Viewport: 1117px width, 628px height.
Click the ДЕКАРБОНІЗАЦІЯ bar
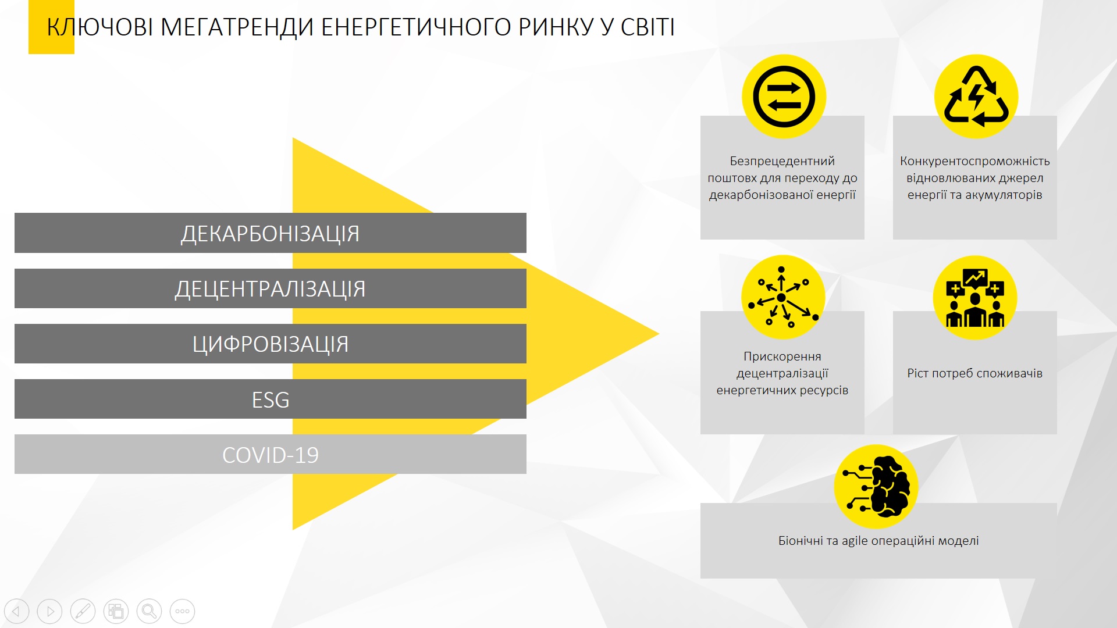coord(271,233)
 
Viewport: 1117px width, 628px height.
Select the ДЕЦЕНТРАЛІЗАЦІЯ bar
coord(271,288)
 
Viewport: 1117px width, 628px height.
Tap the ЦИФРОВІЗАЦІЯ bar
coord(271,344)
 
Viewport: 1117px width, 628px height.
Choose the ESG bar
coord(271,399)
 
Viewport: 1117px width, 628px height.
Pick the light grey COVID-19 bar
coord(271,455)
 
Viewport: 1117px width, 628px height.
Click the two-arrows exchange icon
coord(784,97)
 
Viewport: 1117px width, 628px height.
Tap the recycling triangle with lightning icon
coord(976,97)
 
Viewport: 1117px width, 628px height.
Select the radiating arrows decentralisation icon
coord(783,297)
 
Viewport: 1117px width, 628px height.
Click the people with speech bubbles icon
coord(975,298)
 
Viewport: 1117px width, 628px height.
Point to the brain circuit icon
coord(876,487)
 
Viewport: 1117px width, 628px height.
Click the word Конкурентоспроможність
coord(975,161)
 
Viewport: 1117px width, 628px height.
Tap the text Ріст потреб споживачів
coord(975,373)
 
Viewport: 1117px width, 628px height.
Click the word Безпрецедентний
coord(782,161)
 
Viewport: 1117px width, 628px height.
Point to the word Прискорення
coord(782,356)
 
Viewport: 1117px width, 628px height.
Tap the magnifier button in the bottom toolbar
coord(150,611)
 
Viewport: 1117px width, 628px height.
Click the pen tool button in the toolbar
coord(83,611)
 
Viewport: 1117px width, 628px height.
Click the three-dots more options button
coord(183,611)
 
